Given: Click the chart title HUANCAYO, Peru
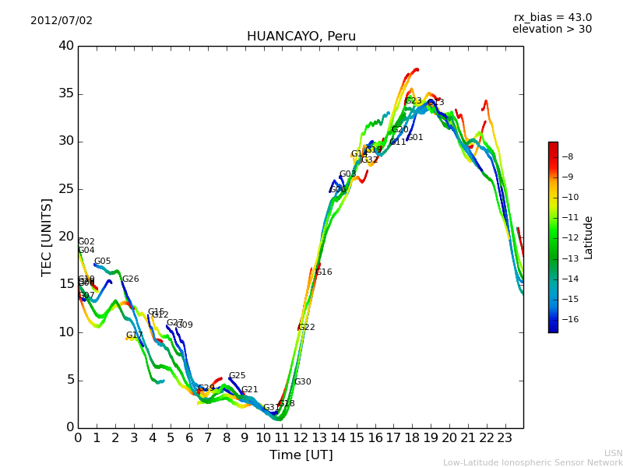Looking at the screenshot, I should click(x=301, y=37).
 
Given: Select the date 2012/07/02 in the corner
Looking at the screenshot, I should click(x=62, y=20).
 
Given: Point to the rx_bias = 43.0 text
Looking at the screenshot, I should click(x=552, y=17).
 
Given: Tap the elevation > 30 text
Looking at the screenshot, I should click(x=551, y=30).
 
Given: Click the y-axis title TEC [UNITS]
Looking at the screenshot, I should click(x=47, y=237).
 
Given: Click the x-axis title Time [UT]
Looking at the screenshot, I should click(x=301, y=455).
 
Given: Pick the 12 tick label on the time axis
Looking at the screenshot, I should click(x=301, y=437).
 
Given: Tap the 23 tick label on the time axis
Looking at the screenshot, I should click(x=505, y=437).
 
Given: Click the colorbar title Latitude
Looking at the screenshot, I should click(x=589, y=237).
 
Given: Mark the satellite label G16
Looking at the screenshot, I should click(x=324, y=272).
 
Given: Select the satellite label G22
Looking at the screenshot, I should click(x=307, y=328).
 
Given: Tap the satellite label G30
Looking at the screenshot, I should click(x=303, y=382).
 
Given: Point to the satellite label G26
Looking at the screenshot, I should click(x=131, y=279).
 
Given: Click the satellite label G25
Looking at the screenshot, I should click(x=238, y=376).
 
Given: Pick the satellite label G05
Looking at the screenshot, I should click(x=103, y=262).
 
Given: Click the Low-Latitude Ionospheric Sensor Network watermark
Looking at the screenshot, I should click(x=533, y=462).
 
